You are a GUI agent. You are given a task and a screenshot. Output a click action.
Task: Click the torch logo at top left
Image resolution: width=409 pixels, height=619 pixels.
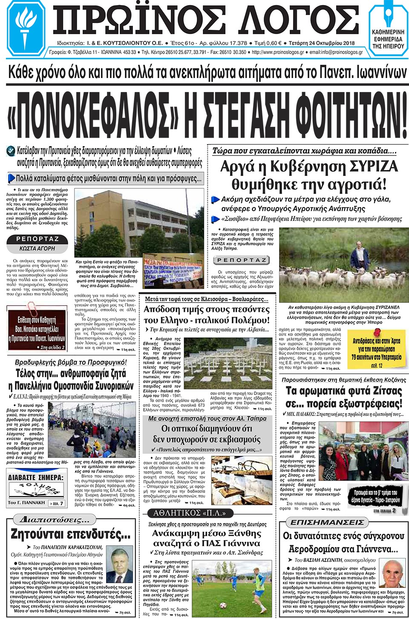[27, 29]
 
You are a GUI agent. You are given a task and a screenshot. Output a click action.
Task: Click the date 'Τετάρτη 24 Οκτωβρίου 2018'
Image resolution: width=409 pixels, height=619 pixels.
[321, 43]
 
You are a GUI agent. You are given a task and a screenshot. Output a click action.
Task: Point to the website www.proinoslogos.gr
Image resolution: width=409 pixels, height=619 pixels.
[278, 52]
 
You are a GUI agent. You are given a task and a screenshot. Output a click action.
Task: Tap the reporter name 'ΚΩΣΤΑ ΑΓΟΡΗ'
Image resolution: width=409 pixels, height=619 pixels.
[37, 248]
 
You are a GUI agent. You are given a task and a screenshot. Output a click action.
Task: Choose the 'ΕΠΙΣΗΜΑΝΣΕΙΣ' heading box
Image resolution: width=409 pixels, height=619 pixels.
[327, 522]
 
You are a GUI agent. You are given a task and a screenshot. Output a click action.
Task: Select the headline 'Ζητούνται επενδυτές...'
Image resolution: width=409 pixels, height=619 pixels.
[70, 534]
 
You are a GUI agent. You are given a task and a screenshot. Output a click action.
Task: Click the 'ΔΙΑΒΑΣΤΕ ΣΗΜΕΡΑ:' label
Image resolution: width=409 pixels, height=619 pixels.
[36, 478]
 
